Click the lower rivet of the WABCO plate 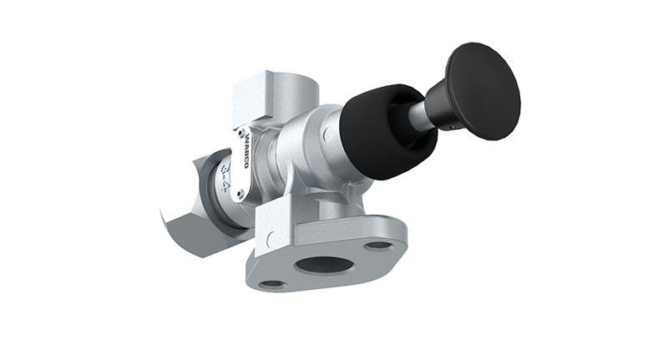240,194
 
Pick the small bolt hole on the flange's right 379,246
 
